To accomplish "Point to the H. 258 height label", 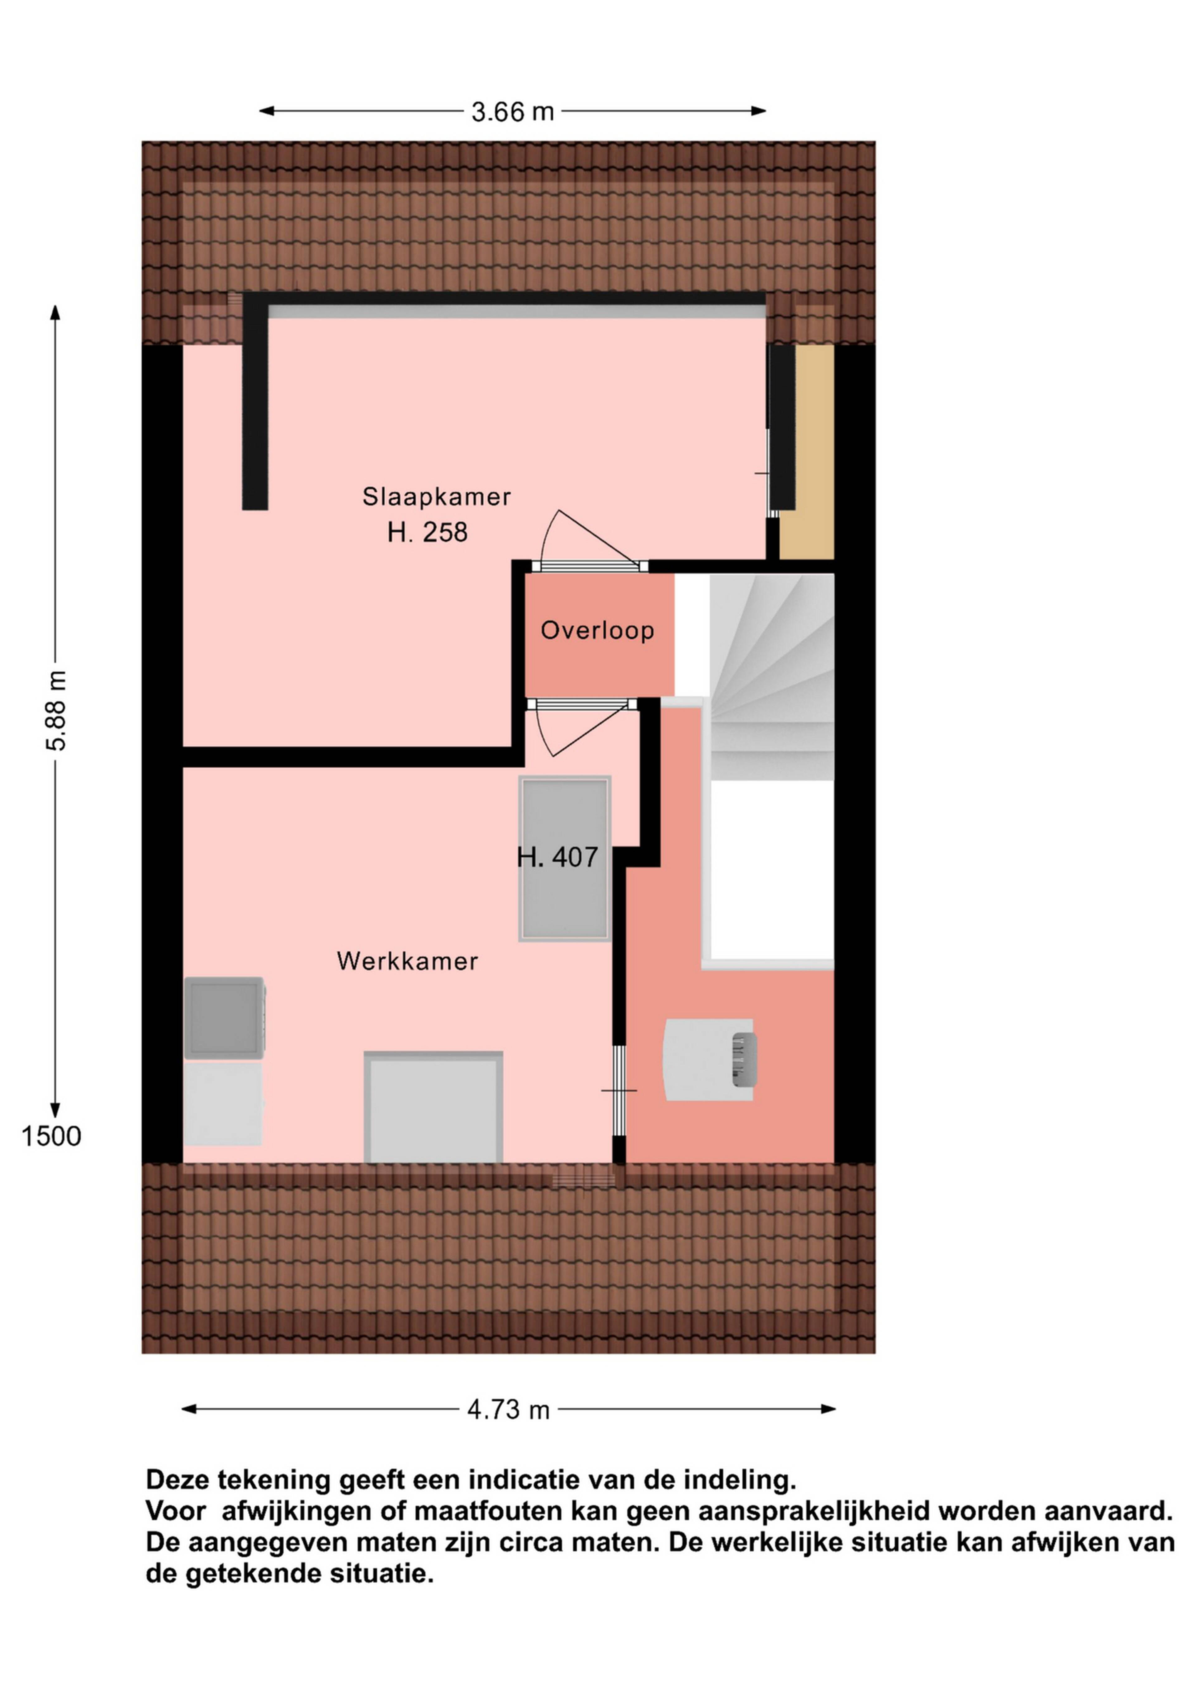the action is [x=427, y=532].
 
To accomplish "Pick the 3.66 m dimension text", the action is [x=513, y=112].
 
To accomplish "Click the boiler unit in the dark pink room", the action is [x=709, y=1060].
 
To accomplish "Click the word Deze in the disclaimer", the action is [x=174, y=1480].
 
